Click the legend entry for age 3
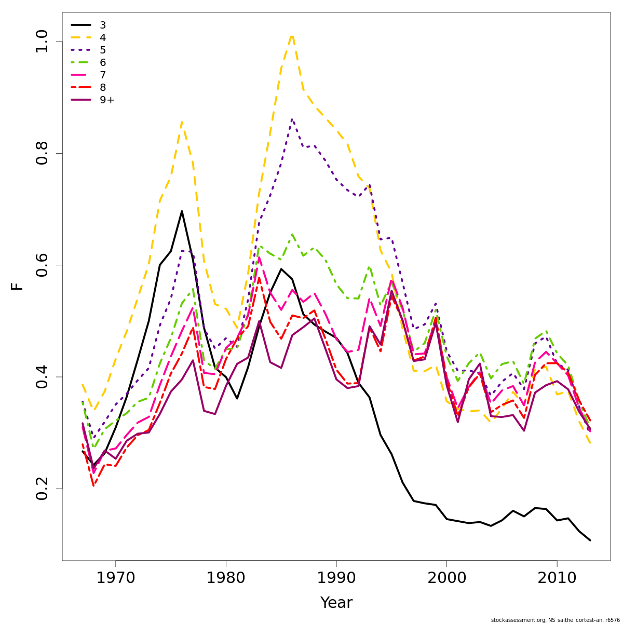click(102, 25)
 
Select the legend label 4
click(102, 38)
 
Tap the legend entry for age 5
click(102, 50)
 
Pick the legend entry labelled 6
click(102, 63)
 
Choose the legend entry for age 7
click(102, 75)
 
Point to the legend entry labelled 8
click(102, 88)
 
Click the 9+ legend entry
click(106, 100)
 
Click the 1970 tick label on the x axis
click(115, 578)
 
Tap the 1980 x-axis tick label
click(226, 578)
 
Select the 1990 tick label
click(336, 578)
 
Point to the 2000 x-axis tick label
click(446, 578)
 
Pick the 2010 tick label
click(557, 578)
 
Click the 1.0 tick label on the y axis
click(42, 42)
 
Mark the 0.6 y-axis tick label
click(42, 265)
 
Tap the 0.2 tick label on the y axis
click(42, 489)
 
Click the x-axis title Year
click(336, 603)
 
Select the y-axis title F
click(18, 287)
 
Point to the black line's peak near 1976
click(182, 211)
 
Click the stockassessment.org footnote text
click(555, 620)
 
